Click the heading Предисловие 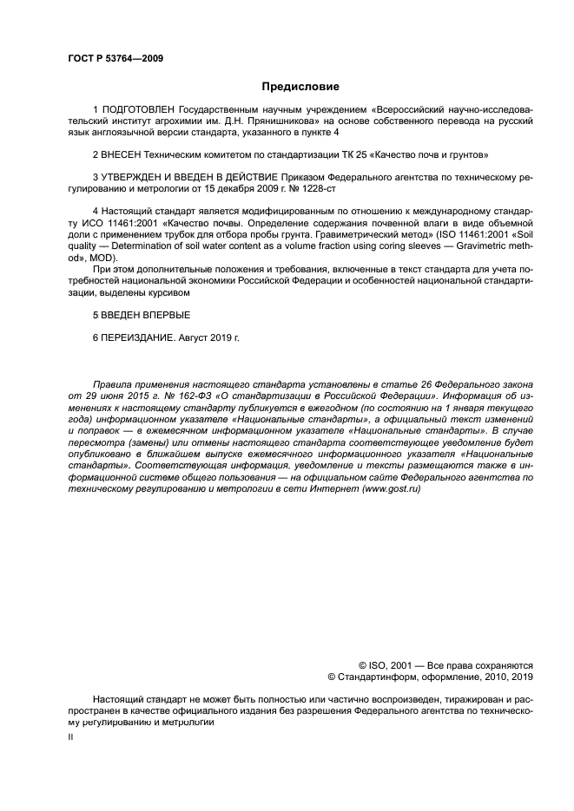tap(300, 86)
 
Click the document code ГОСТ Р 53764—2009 tap(116, 58)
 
